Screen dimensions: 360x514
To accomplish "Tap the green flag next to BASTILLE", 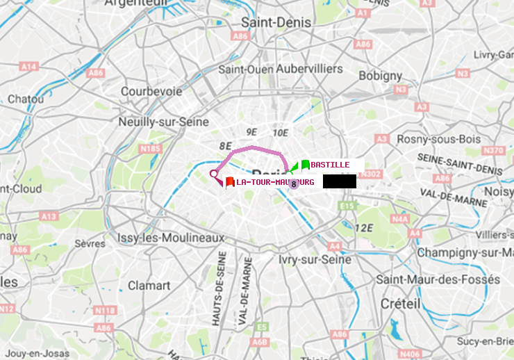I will (305, 165).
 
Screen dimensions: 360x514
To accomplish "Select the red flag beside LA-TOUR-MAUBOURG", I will (229, 182).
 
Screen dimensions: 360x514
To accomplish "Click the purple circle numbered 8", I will (294, 184).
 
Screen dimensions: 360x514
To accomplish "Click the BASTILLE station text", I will (330, 165).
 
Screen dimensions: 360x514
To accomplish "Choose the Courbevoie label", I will (151, 91).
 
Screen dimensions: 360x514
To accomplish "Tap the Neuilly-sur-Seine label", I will (164, 122).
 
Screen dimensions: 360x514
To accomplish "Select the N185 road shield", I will (150, 148).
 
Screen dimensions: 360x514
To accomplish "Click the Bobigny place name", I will (380, 75).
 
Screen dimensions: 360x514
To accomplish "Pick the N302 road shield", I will (372, 174).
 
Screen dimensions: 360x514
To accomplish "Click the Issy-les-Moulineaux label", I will (171, 238).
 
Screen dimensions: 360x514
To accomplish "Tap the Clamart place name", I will (149, 285).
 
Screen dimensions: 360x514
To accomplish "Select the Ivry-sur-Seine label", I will (315, 259).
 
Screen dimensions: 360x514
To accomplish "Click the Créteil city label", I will (400, 304).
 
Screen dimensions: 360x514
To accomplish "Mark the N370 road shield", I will (493, 150).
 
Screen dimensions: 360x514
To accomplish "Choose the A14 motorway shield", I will (28, 67).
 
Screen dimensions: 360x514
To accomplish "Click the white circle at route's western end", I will (214, 174).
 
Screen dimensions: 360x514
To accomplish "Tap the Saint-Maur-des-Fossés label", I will (438, 279).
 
